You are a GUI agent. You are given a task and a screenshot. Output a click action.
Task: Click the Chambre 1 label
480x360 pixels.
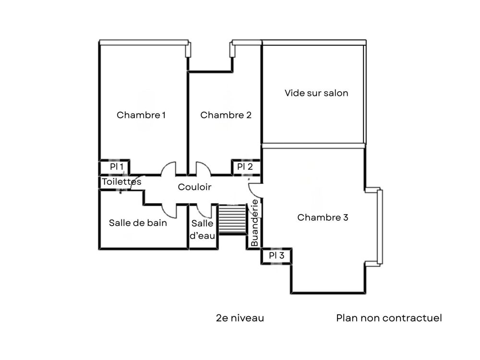(x=142, y=115)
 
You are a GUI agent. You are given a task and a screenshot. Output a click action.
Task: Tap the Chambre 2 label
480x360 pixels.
(x=226, y=115)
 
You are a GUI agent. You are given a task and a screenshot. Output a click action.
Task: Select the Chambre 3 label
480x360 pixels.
(x=323, y=217)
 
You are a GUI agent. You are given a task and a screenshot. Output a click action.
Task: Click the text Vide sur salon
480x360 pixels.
(x=316, y=93)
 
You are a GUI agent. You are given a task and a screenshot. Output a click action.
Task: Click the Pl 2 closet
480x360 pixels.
(x=245, y=167)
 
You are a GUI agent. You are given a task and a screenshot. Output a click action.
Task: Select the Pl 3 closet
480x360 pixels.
(x=276, y=256)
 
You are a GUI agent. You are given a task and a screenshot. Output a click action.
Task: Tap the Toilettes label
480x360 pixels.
(x=121, y=182)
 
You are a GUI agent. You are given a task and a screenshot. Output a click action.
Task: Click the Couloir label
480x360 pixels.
(x=194, y=187)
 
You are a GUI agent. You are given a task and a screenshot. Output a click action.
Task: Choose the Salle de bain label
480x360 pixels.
(x=138, y=223)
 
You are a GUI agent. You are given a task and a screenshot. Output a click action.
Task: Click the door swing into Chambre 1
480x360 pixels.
(x=168, y=169)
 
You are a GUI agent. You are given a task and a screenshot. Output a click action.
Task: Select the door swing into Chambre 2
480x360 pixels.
(x=202, y=169)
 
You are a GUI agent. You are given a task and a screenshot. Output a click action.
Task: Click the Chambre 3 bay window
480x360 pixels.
(x=380, y=227)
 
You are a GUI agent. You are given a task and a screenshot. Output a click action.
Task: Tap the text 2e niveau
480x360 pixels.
(x=240, y=318)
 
